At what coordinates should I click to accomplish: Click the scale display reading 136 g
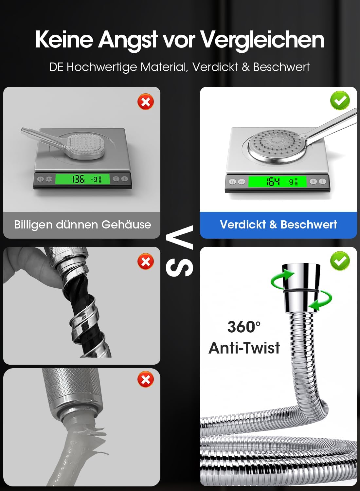[x=82, y=179]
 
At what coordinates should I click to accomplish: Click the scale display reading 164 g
[x=277, y=182]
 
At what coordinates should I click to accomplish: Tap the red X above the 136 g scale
[x=146, y=102]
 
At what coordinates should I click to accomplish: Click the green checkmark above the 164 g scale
[x=340, y=100]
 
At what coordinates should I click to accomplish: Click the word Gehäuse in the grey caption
[x=126, y=225]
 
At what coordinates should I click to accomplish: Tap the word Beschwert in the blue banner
[x=309, y=225]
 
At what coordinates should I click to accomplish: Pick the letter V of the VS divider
[x=179, y=238]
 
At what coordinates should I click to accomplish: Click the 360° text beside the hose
[x=244, y=327]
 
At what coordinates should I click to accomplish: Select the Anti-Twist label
[x=244, y=348]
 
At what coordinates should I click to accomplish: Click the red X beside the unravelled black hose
[x=146, y=262]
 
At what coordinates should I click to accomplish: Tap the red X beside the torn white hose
[x=146, y=379]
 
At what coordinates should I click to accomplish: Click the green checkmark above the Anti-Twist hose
[x=340, y=261]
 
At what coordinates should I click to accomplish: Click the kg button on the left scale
[x=41, y=179]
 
